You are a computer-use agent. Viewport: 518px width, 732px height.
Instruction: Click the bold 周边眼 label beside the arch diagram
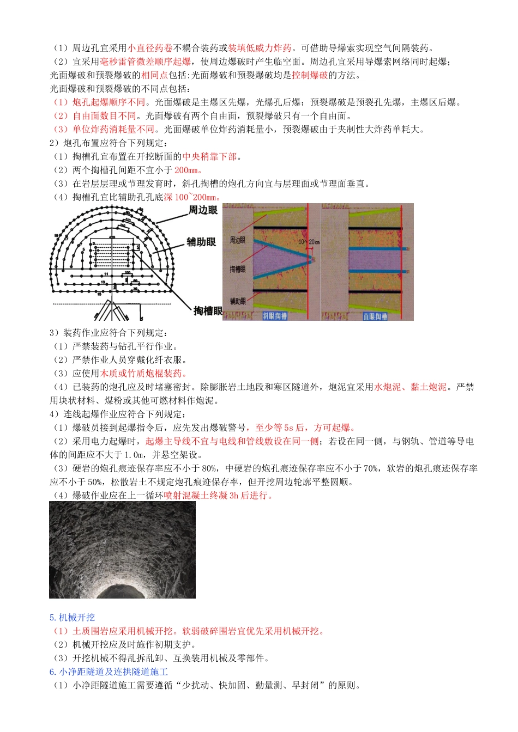(x=203, y=210)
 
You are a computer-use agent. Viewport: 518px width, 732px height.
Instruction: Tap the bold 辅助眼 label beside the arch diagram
(x=201, y=242)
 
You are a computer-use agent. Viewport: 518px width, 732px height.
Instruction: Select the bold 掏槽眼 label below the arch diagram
(x=208, y=311)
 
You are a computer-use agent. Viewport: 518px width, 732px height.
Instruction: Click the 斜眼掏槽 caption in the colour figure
(x=275, y=316)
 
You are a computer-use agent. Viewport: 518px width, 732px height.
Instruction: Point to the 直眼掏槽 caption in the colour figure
(x=375, y=316)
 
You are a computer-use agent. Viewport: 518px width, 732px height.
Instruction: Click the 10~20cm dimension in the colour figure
(x=309, y=242)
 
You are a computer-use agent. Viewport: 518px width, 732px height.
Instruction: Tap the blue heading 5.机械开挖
(x=72, y=618)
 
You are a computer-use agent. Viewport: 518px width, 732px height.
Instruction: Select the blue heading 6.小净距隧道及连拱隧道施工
(x=109, y=672)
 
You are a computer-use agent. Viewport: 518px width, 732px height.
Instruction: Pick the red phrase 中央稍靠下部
(x=209, y=156)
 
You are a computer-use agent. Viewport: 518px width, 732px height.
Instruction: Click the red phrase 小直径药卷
(x=150, y=48)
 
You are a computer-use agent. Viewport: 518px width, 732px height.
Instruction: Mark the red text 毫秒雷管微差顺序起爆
(x=145, y=62)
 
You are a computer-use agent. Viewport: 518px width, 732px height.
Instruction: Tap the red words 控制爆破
(x=310, y=75)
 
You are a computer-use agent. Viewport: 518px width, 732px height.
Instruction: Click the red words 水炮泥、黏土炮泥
(x=410, y=387)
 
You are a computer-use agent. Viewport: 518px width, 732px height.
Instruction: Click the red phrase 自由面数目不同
(x=104, y=116)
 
